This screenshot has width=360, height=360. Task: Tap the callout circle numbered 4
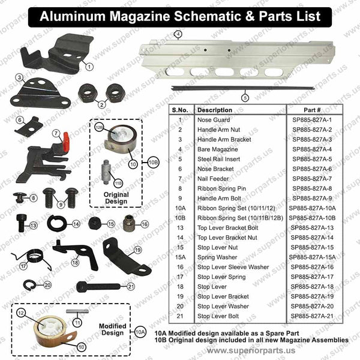coord(178,34)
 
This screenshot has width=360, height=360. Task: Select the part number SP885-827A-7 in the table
coord(311,179)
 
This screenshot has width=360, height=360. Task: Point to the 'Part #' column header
coord(311,110)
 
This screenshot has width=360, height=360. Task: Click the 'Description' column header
coord(215,110)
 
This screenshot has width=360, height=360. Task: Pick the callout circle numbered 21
coord(131,286)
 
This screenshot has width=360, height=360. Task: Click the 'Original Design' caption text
coord(116,198)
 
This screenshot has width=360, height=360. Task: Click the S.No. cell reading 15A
coord(179,257)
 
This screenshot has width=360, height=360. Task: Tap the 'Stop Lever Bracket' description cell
coord(223,296)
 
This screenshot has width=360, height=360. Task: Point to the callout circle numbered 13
coord(34,226)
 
